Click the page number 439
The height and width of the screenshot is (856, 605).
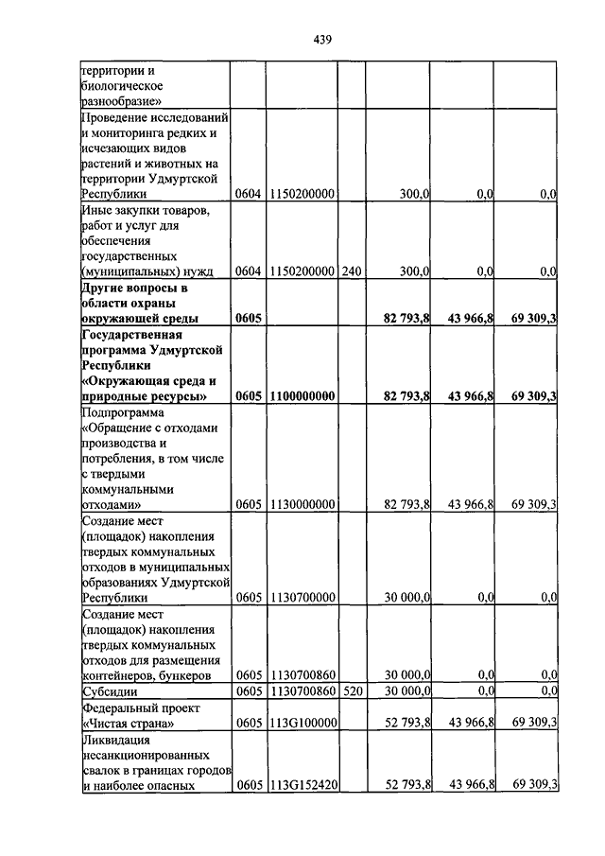[x=321, y=40]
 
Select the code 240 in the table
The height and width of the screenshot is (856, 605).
[x=352, y=271]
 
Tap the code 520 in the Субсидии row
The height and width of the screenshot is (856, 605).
[x=352, y=690]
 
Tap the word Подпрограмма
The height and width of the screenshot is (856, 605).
[x=123, y=412]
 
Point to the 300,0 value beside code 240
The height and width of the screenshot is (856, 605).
[x=415, y=271]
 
